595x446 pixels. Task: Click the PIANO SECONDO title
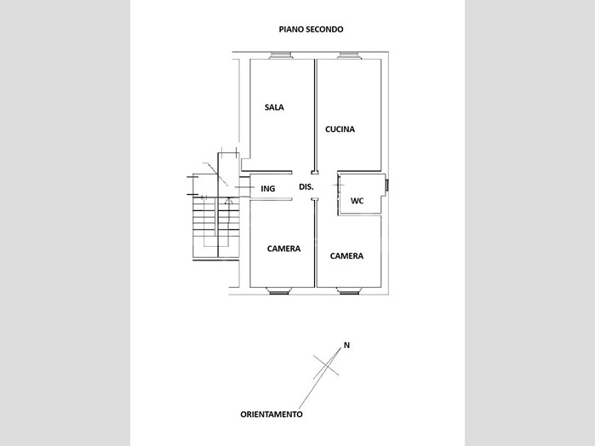pos(312,29)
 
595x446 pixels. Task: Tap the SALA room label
pos(274,107)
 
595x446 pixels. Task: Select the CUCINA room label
pos(340,129)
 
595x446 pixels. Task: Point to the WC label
pos(357,201)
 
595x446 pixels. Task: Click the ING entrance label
pos(268,188)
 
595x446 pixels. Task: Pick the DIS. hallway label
pos(306,186)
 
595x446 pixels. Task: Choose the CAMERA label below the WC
pos(346,256)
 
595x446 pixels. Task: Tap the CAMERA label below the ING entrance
pos(283,249)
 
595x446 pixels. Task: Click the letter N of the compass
pos(346,345)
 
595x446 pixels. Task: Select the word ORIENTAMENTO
pos(272,415)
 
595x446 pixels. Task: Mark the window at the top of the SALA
pos(281,55)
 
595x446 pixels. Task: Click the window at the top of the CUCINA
pos(350,55)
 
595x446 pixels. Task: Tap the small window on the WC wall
pos(386,186)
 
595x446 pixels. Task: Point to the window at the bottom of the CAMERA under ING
pos(279,291)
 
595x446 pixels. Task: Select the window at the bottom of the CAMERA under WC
pos(348,291)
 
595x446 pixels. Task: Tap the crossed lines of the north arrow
pos(326,365)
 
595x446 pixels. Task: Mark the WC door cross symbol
pos(339,185)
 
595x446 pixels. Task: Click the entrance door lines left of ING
pos(245,187)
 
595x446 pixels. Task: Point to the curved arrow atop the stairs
pos(228,201)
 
